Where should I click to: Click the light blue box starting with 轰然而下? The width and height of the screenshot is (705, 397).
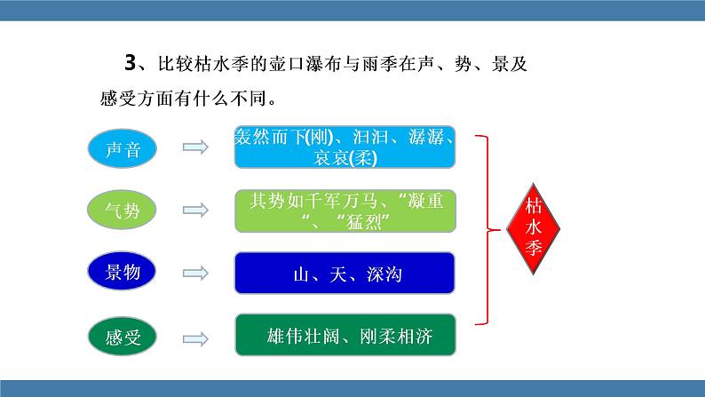point(345,147)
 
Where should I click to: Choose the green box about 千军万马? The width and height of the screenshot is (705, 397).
point(345,210)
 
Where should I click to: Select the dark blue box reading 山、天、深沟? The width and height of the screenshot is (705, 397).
point(345,274)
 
